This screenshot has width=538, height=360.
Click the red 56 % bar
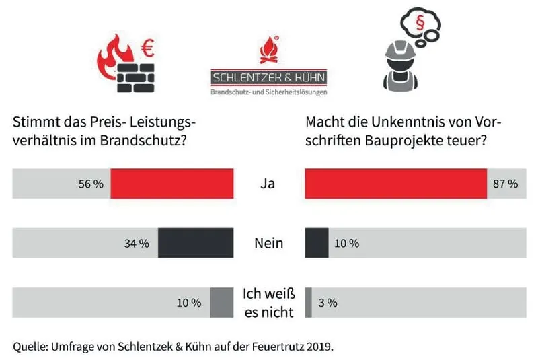click(x=171, y=184)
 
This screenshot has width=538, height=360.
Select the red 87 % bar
click(x=395, y=184)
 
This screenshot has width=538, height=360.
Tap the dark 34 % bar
click(x=195, y=243)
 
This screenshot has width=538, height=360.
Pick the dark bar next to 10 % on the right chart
click(x=317, y=243)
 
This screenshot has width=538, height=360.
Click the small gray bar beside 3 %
click(x=309, y=302)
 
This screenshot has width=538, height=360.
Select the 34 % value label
click(x=137, y=244)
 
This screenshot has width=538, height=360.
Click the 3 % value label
click(x=328, y=303)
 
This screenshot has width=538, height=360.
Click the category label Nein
click(x=268, y=243)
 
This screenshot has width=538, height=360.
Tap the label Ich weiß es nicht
click(x=268, y=303)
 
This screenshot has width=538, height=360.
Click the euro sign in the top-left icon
click(x=147, y=48)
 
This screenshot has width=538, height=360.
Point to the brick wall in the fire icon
click(x=136, y=77)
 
